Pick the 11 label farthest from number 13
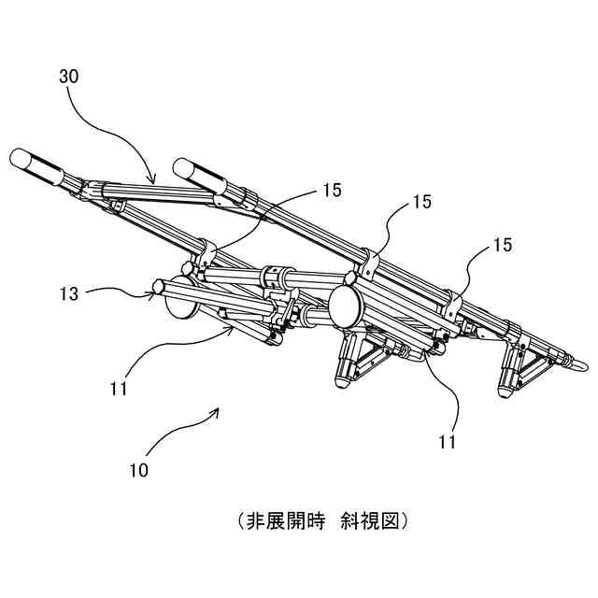[x=448, y=440]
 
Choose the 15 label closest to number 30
[x=332, y=190]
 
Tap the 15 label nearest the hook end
[x=502, y=245]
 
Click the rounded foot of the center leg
[x=345, y=381]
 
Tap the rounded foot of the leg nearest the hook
[x=508, y=390]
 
